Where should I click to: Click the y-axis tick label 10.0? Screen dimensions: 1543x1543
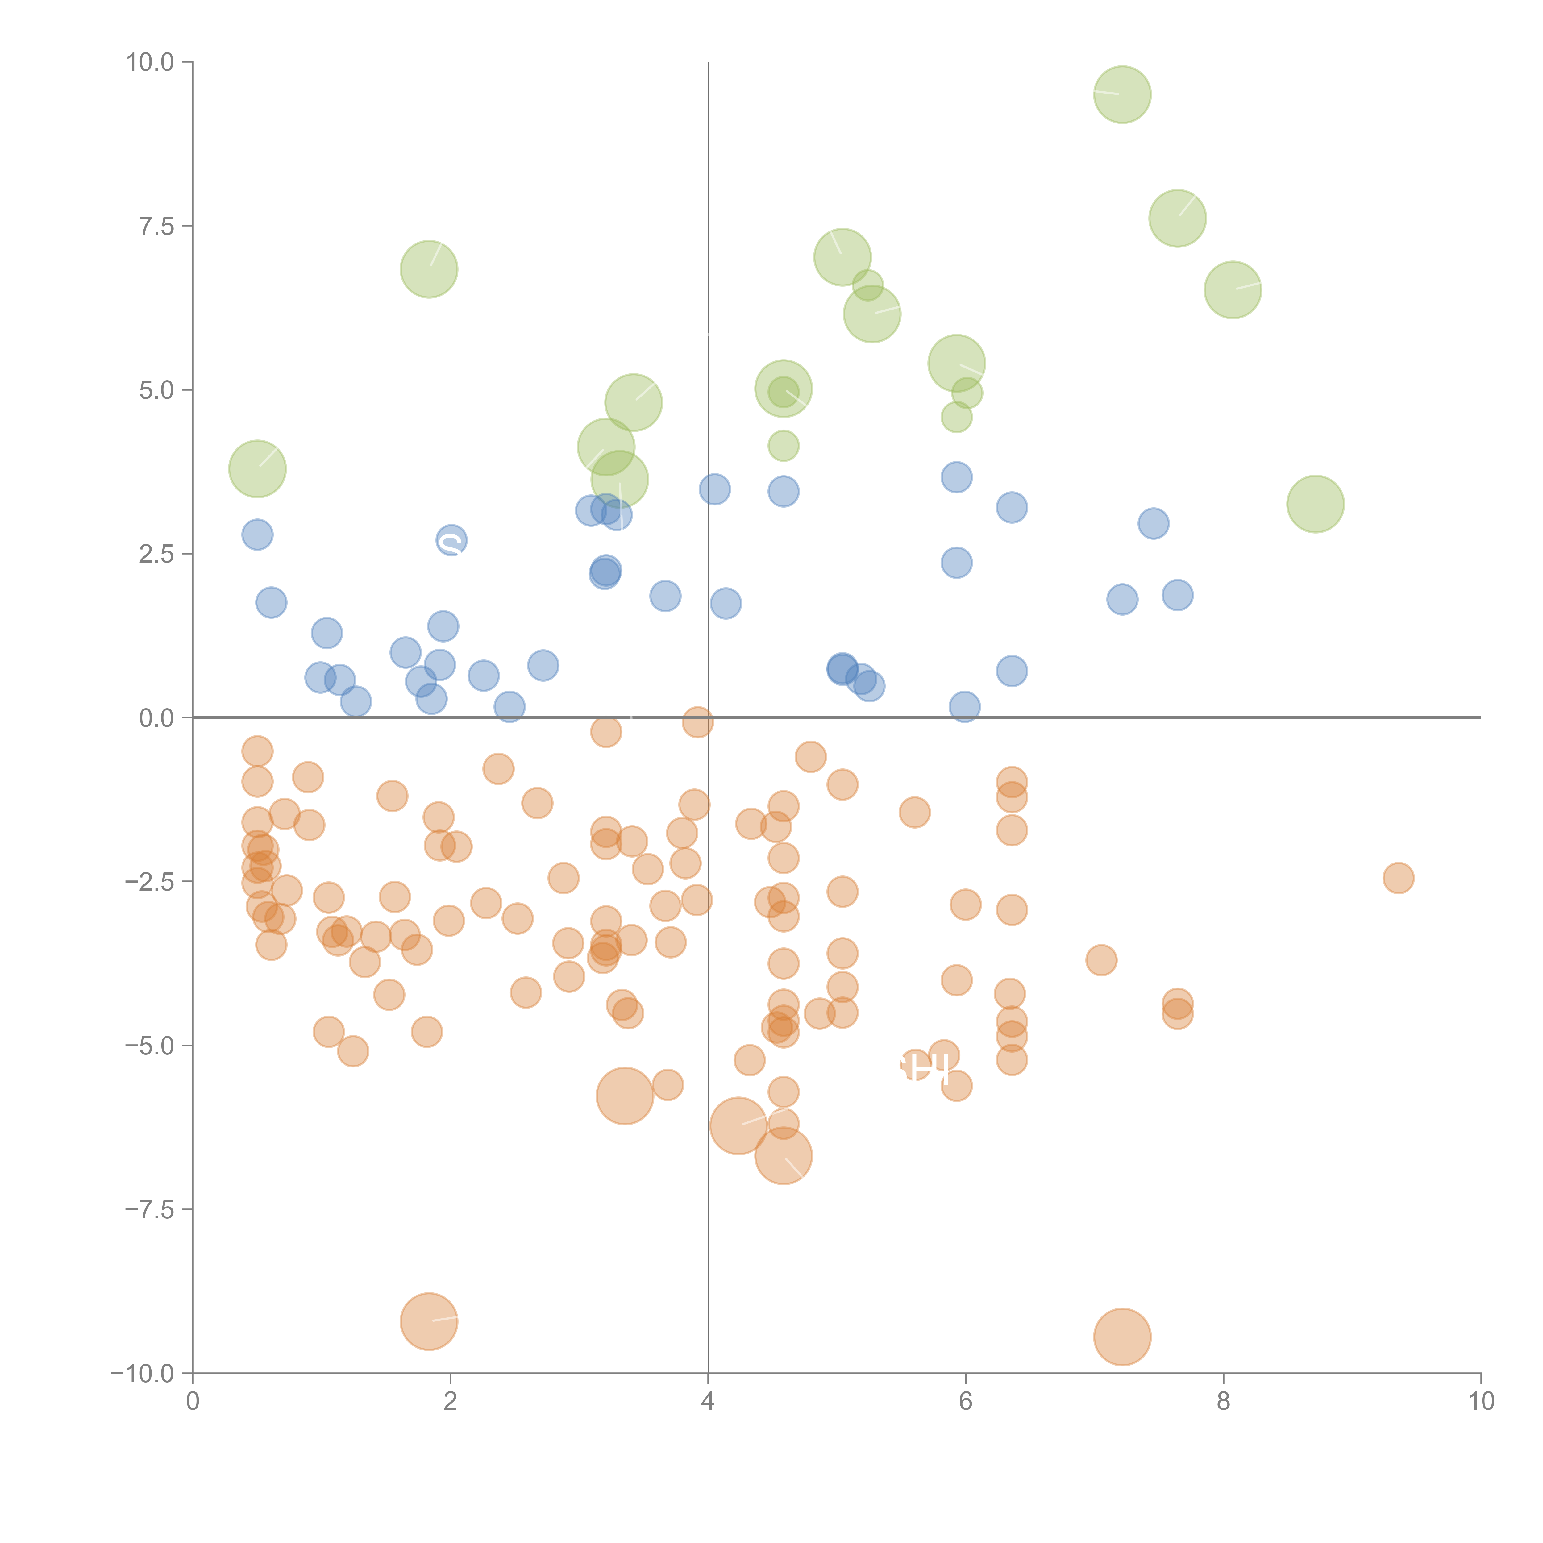(150, 62)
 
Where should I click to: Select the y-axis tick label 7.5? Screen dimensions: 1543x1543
(156, 226)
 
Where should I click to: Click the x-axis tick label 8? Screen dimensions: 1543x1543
(1224, 1402)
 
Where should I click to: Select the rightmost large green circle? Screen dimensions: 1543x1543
(1315, 504)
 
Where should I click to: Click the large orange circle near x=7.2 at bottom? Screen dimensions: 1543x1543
(1122, 1337)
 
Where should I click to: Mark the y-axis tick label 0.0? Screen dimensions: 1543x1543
(156, 718)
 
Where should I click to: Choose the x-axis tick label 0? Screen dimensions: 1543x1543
(193, 1402)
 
